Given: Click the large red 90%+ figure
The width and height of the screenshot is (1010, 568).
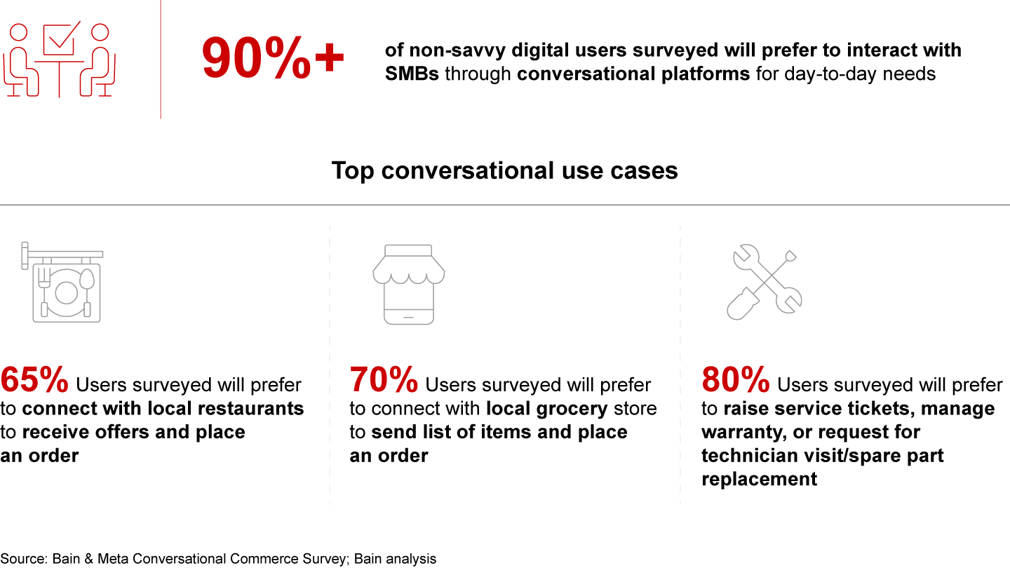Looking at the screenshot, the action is (273, 59).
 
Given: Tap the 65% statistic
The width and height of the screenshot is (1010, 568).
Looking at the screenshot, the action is (34, 379).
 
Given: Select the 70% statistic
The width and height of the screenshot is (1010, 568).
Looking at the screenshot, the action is (384, 379).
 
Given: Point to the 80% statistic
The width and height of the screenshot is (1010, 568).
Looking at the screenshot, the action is (735, 379).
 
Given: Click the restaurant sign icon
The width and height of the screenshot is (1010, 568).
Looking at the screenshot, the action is (62, 282).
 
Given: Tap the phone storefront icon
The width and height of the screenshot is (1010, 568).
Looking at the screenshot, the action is (408, 285).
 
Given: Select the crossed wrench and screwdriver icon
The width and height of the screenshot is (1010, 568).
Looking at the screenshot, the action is (765, 282).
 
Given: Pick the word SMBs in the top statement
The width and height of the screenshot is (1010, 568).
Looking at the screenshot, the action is (412, 74).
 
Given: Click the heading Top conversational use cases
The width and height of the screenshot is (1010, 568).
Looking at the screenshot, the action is (504, 170).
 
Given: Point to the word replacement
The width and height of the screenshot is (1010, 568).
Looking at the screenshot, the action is (760, 479).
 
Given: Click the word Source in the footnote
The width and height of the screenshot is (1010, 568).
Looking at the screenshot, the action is (23, 558).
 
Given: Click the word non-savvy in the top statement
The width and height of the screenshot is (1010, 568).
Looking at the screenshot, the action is (457, 50).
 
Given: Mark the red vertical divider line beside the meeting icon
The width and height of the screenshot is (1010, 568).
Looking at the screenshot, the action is (161, 60).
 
